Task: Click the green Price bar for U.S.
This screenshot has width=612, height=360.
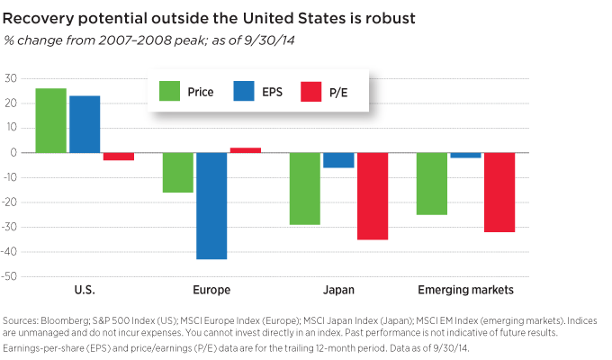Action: point(51,120)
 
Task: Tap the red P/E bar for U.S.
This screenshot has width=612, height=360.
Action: point(118,157)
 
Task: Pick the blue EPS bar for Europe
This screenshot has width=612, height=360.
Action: point(211,206)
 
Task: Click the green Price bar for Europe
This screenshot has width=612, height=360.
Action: point(178,173)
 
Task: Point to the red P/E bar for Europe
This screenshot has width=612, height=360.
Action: point(245,150)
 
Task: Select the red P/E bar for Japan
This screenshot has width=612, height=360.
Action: point(372,196)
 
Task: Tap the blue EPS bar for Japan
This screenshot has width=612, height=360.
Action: point(338,160)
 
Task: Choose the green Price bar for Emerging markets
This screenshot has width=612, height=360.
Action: point(432,184)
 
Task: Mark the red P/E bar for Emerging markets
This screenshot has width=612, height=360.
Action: point(499,193)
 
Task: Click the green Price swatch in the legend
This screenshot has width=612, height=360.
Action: point(169,91)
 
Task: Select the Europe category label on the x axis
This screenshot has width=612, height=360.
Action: point(211,290)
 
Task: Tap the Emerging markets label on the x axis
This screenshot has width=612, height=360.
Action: point(466,290)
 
